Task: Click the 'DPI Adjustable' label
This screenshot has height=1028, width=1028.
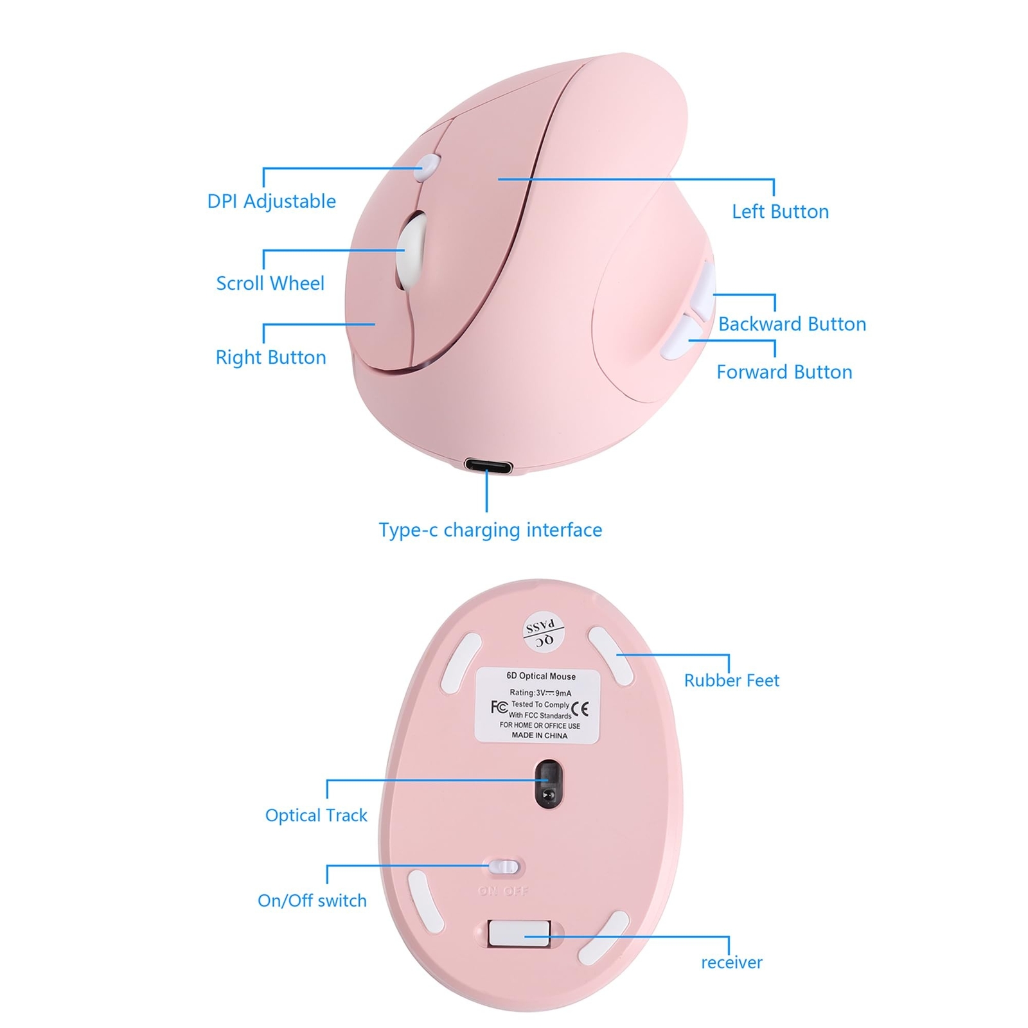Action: click(271, 201)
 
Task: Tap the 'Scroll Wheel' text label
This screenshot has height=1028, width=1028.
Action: click(270, 283)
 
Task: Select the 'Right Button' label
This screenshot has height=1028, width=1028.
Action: click(270, 357)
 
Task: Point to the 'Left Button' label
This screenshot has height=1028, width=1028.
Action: click(780, 211)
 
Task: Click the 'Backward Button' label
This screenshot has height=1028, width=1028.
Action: click(792, 324)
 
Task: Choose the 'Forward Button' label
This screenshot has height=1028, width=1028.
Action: click(784, 372)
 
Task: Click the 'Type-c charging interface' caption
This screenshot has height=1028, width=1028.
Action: click(490, 530)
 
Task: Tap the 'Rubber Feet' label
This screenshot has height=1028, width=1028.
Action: click(731, 680)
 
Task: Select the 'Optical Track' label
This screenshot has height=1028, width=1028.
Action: click(316, 815)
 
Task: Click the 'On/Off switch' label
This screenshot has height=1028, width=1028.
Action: click(312, 901)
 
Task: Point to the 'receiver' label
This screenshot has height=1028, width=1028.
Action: click(731, 962)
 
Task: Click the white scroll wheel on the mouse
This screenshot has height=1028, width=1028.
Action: click(412, 251)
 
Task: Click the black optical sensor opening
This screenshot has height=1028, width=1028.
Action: click(548, 782)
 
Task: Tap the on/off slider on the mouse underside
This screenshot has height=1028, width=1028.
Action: click(504, 867)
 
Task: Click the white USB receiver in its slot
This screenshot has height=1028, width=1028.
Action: click(519, 934)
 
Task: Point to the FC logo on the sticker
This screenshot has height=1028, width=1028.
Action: click(499, 707)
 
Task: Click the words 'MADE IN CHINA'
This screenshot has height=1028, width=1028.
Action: click(539, 736)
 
